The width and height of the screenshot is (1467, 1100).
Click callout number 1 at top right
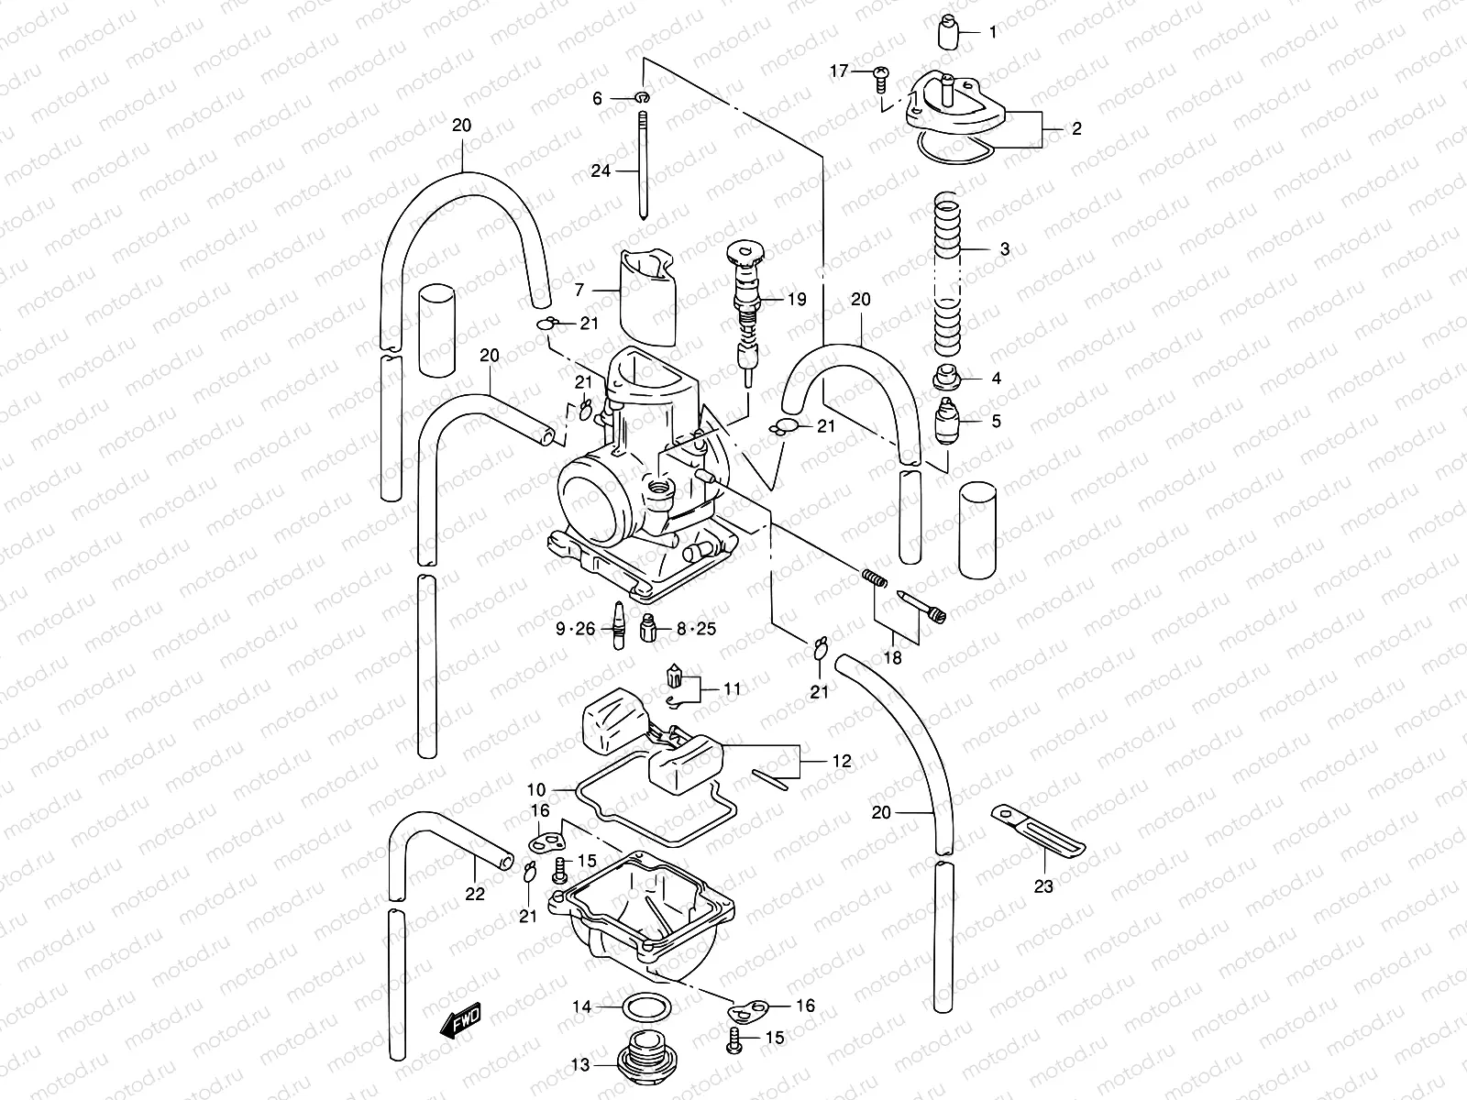993,32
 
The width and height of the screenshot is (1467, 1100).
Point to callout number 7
579,291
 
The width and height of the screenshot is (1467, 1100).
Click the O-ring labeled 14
645,1006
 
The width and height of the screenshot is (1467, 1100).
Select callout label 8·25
696,629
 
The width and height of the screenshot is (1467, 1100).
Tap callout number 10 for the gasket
536,789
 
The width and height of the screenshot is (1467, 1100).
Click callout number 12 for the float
842,760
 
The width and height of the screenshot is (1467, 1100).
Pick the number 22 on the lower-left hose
474,895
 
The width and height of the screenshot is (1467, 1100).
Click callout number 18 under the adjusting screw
892,657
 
